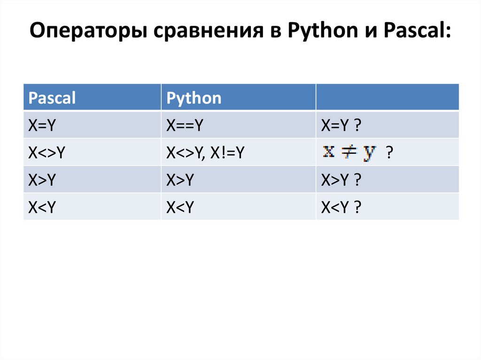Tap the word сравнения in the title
[200, 34]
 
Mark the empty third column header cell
[387, 97]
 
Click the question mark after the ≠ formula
[389, 153]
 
